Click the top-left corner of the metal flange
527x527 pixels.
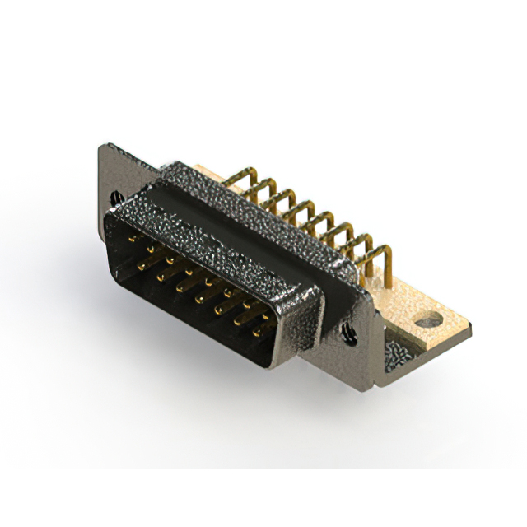(101, 148)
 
